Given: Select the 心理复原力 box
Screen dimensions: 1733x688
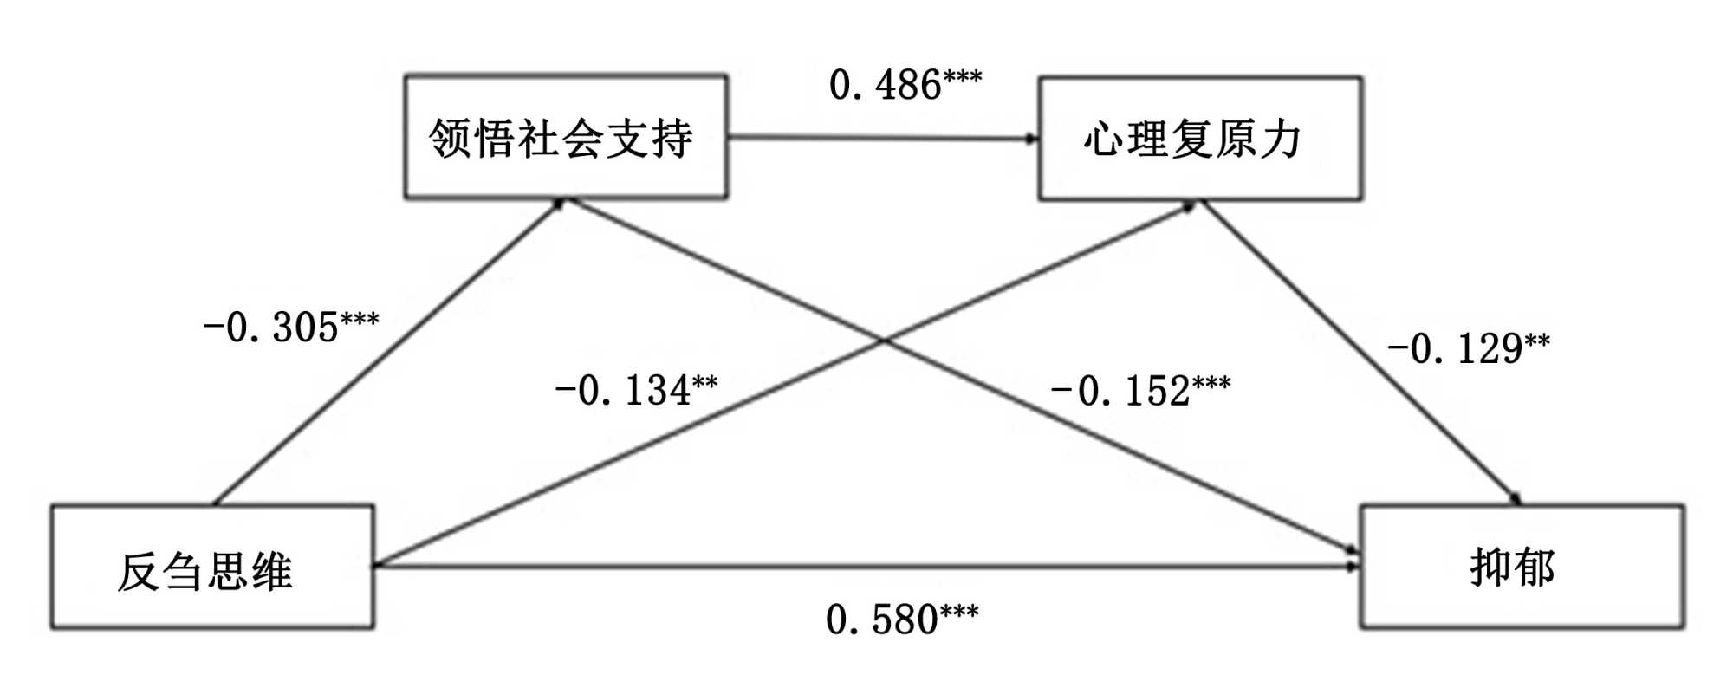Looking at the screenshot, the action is (x=1200, y=139).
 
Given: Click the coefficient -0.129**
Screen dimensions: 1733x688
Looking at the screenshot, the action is (x=1468, y=348).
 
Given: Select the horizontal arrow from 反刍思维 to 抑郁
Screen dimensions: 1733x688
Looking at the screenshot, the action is (x=866, y=567).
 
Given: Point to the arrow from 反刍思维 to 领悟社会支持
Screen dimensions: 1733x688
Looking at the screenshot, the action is (x=390, y=351).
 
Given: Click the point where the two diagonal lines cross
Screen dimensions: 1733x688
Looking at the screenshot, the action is (x=883, y=341).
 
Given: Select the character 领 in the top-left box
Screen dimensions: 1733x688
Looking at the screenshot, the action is (x=450, y=138).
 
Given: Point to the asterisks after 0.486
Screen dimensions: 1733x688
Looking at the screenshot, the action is (x=962, y=78).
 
